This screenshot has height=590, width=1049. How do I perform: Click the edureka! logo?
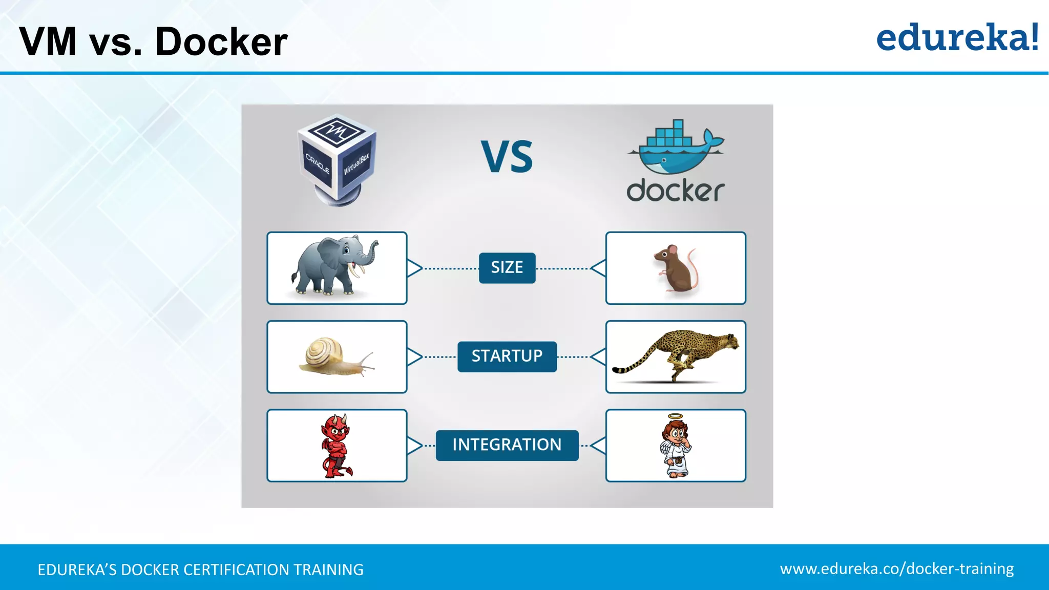pos(957,38)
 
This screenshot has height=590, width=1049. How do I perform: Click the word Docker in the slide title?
pos(221,42)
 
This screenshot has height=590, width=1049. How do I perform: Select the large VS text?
pos(507,157)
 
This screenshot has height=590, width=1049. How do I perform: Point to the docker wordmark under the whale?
pos(675,191)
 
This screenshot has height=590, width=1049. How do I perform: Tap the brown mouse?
pos(675,269)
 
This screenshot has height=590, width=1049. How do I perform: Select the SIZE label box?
pos(507,268)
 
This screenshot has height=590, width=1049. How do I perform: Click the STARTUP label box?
pos(507,356)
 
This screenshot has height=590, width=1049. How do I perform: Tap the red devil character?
pos(336,446)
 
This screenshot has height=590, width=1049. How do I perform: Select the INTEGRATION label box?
pos(507,445)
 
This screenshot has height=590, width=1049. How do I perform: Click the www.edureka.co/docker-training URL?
pos(897,569)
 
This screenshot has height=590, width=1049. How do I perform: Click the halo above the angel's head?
pos(676,416)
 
